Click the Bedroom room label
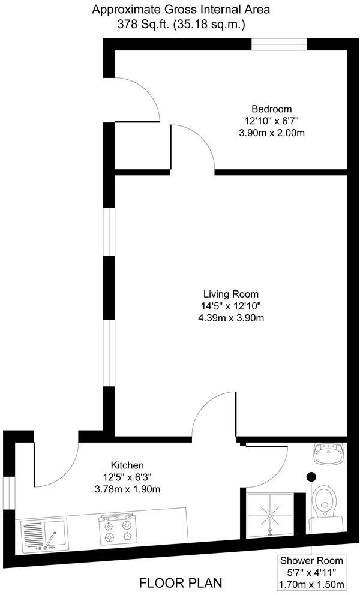272,109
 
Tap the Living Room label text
231,294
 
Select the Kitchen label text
127,465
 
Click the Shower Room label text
311,560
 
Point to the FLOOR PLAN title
181,582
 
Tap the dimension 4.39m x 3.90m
231,318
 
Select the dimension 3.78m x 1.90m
127,489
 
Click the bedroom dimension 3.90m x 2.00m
272,133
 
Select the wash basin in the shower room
328,453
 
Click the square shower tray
270,516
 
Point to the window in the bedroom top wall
279,44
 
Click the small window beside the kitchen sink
9,493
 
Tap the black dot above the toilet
311,477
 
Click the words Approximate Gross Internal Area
181,10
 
